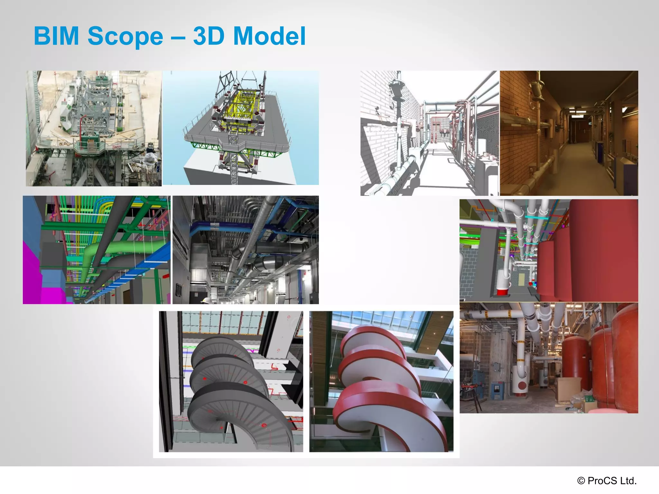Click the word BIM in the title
click(56, 36)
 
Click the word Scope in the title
click(125, 36)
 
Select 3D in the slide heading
click(209, 36)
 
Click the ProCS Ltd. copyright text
click(607, 480)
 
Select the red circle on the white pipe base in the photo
click(522, 385)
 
